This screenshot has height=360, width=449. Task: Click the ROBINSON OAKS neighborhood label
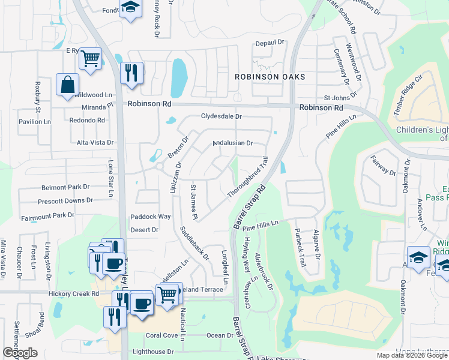270,77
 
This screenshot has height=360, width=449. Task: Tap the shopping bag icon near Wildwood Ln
67,85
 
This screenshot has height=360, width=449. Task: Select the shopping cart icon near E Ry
90,59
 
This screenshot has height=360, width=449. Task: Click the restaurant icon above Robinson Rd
131,73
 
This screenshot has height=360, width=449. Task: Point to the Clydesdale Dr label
221,116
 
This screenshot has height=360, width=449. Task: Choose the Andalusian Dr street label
234,143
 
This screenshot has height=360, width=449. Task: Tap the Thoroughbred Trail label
247,178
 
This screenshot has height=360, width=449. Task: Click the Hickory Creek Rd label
74,293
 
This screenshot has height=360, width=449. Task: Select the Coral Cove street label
161,335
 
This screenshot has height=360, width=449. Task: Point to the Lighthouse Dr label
154,352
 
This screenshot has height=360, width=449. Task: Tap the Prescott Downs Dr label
65,201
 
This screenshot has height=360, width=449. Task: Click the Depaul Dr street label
269,43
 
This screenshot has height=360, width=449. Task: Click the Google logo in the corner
20,352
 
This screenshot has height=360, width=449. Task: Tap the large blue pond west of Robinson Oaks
179,77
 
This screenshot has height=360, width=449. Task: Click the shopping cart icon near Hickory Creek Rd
167,294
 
